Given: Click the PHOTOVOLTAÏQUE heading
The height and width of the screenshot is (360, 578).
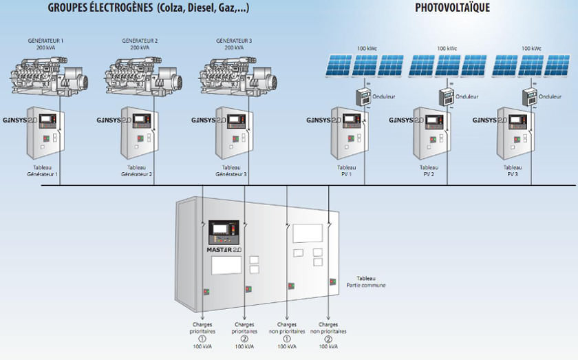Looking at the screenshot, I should coord(452,8).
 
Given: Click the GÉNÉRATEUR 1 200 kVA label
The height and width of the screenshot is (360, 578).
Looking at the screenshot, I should coord(45,45).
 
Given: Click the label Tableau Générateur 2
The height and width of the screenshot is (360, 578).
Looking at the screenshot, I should coord(137,171).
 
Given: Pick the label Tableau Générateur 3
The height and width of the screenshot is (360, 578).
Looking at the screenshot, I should coord(231,171).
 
